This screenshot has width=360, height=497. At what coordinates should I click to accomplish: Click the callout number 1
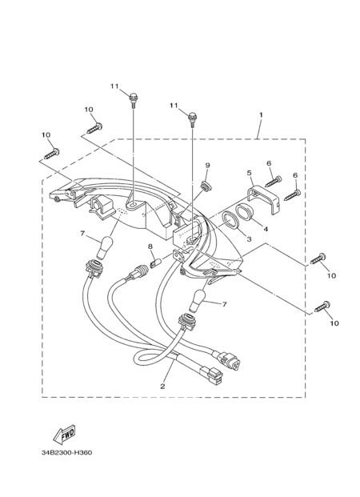tap(261, 114)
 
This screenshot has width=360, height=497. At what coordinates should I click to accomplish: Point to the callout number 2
tap(162, 387)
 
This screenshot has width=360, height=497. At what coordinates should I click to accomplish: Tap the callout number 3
tap(249, 239)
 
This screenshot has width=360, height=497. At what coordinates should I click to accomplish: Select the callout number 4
tap(266, 229)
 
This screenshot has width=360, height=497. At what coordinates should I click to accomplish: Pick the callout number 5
tap(249, 173)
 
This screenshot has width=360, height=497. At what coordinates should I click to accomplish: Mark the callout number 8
tap(150, 246)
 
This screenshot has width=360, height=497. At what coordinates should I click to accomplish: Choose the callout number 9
tap(207, 165)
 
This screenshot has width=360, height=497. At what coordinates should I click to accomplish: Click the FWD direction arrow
tap(64, 435)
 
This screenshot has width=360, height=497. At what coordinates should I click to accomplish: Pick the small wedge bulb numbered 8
tap(155, 263)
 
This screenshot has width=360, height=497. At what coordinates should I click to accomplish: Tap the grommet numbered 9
tap(206, 186)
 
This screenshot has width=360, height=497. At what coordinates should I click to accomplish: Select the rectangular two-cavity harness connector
tap(212, 375)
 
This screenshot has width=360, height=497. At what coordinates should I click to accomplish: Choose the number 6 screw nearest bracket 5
tap(273, 182)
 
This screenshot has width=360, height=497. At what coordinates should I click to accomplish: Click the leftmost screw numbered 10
tap(52, 154)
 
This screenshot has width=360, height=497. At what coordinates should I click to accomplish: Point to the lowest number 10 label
tap(334, 323)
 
